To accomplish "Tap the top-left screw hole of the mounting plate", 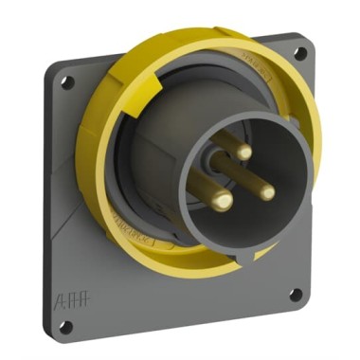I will point(66,82).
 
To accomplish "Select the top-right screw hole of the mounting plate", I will point(301,54).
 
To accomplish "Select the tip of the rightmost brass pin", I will point(267,192).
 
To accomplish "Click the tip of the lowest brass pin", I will point(223,201).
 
